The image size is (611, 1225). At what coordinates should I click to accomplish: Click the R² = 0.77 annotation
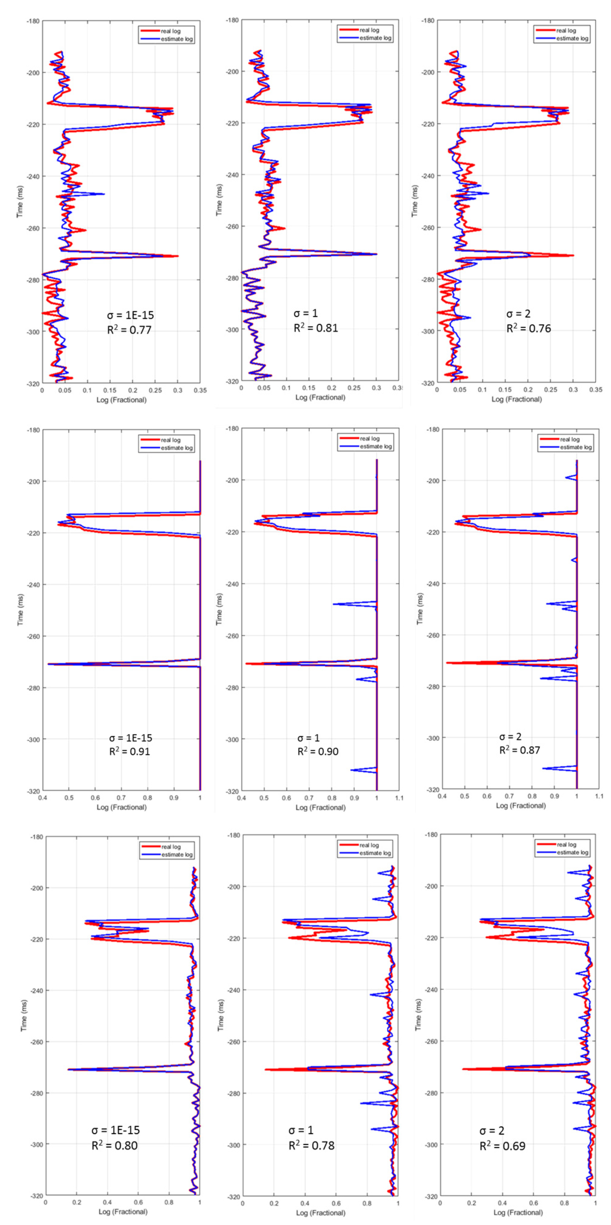[129, 330]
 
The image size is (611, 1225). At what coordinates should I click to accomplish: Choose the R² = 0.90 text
[318, 751]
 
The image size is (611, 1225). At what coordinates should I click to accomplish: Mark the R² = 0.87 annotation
[519, 750]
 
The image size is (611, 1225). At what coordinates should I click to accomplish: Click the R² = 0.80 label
[115, 1146]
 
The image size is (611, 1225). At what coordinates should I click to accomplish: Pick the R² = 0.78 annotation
[312, 1146]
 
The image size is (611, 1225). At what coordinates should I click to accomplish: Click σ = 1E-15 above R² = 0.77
[130, 315]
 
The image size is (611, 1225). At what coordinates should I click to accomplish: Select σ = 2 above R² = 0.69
[492, 1131]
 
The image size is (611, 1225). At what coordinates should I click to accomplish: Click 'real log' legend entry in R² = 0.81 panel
[369, 30]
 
